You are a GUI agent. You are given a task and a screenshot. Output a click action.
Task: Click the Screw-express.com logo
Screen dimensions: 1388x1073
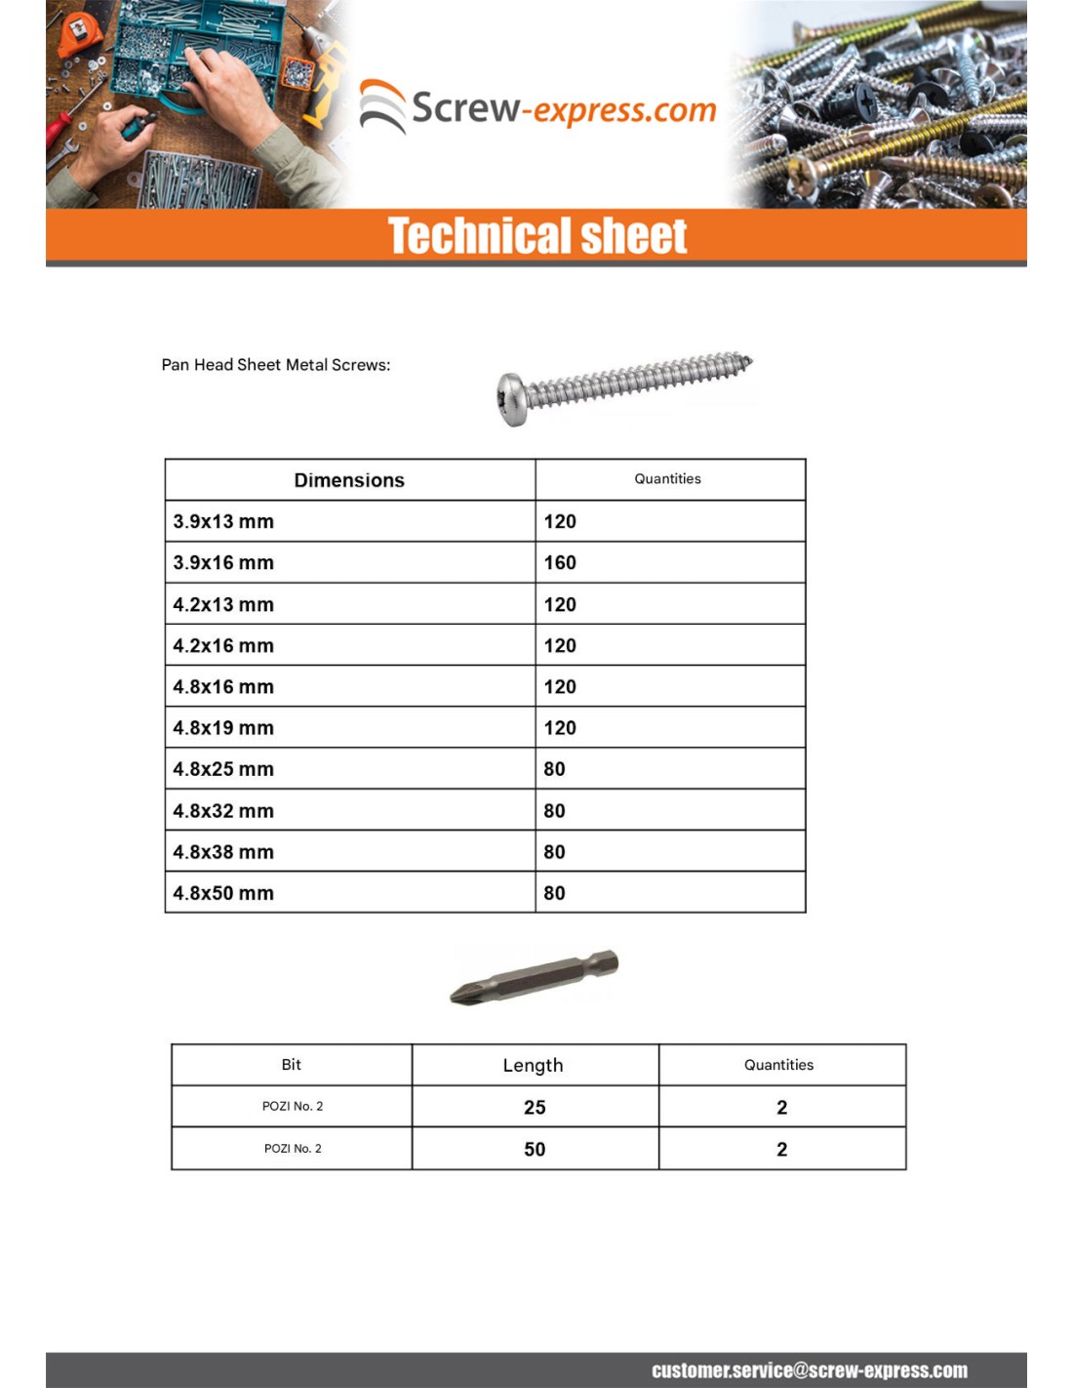click(x=537, y=107)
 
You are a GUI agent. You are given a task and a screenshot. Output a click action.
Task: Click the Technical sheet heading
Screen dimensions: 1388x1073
click(x=537, y=236)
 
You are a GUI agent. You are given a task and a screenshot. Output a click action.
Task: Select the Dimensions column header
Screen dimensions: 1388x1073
click(x=349, y=480)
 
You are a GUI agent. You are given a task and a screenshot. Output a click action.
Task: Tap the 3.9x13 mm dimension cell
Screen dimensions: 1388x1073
click(x=223, y=521)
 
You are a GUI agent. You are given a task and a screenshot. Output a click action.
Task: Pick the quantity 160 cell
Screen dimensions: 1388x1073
click(x=560, y=563)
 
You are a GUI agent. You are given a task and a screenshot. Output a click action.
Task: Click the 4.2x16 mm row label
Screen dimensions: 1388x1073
click(x=223, y=646)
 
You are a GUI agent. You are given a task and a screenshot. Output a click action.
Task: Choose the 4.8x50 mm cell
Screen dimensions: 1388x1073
click(x=223, y=893)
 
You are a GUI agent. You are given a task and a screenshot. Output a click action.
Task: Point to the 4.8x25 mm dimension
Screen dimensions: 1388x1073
click(x=223, y=769)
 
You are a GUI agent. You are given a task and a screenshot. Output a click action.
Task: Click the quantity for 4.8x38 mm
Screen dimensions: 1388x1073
click(x=554, y=852)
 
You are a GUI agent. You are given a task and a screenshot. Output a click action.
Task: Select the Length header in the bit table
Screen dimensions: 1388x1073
click(x=533, y=1065)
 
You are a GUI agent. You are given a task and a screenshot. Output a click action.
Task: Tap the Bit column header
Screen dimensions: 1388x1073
click(x=291, y=1065)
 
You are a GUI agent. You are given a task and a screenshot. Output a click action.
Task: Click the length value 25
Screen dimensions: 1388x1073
click(x=535, y=1108)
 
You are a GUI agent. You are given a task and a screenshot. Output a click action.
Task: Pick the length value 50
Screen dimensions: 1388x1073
click(x=535, y=1150)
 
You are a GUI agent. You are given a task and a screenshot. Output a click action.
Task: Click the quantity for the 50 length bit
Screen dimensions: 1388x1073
click(x=781, y=1150)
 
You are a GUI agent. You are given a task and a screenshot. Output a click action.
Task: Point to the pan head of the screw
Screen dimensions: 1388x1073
click(x=511, y=399)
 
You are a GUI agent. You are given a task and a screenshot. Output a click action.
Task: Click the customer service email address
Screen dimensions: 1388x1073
click(x=810, y=1370)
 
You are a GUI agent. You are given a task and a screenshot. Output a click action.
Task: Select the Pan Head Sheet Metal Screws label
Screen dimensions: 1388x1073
click(x=276, y=365)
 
